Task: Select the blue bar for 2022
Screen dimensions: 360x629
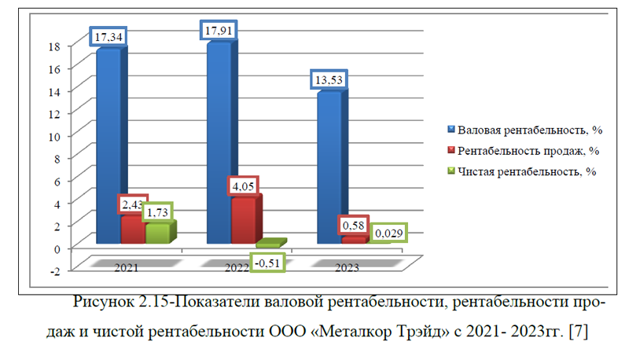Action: point(219,141)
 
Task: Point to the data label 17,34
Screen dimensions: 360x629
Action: point(109,36)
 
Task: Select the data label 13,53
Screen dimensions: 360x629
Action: point(329,80)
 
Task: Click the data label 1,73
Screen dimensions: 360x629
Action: point(157,213)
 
